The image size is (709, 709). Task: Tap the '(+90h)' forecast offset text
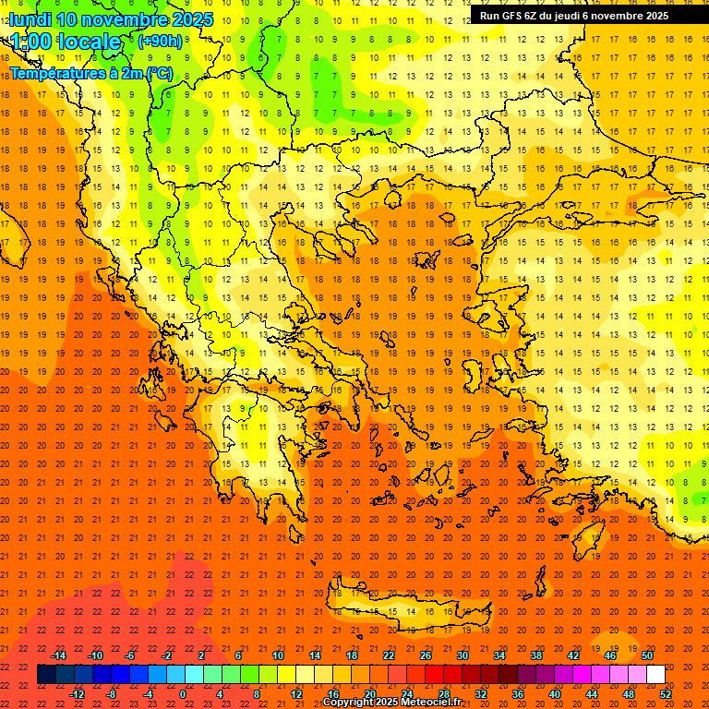160,42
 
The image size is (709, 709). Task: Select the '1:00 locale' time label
66,42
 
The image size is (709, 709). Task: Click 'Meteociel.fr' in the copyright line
437,703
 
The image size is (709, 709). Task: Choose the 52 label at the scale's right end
666,694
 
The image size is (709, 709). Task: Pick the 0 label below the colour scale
183,694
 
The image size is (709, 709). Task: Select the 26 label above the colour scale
425,655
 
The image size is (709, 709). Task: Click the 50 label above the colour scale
647,655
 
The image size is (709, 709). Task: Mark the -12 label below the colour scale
77,694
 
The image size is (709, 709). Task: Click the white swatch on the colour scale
655,675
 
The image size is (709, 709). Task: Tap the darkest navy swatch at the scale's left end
46,675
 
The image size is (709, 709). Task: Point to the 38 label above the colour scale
535,655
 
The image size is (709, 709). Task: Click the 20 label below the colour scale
369,694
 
